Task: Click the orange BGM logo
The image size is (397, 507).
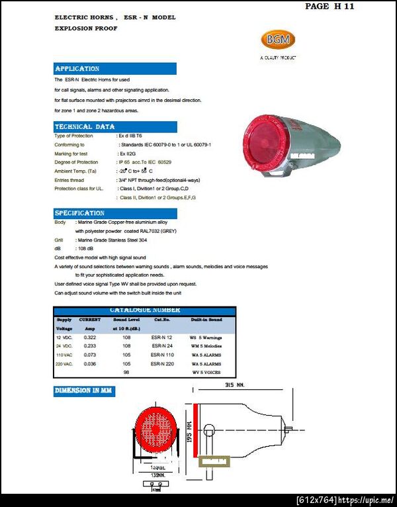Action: point(277,40)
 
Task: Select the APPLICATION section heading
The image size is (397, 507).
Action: point(77,69)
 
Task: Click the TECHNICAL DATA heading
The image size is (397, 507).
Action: point(85,126)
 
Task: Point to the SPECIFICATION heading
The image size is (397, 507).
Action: point(80,213)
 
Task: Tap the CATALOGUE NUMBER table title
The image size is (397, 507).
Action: point(144,310)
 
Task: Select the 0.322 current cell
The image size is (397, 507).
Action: point(90,337)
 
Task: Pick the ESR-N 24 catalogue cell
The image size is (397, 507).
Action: point(162,346)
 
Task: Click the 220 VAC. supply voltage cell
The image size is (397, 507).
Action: point(65,363)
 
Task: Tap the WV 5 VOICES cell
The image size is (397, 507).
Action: point(206,373)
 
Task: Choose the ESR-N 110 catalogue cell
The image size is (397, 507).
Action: point(163,355)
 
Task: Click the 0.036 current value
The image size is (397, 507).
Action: point(90,363)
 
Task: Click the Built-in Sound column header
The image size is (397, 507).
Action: point(206,320)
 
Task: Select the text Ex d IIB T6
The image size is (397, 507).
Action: point(133,136)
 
